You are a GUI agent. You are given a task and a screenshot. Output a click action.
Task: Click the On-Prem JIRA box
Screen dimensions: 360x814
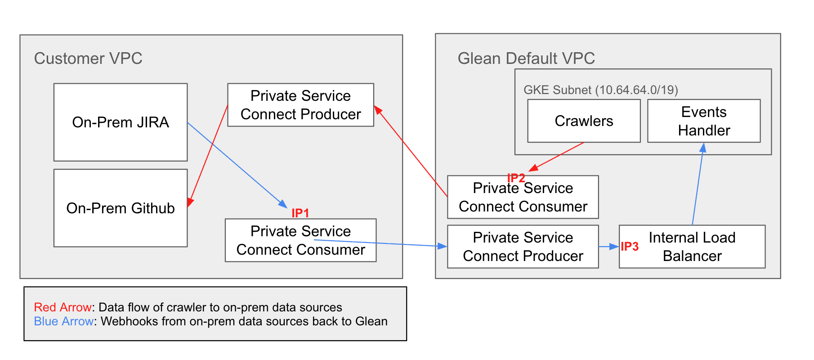click(x=121, y=122)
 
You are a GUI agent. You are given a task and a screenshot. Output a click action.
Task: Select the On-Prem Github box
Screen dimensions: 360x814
click(x=121, y=208)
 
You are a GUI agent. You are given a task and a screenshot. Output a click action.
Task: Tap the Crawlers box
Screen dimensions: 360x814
click(x=584, y=121)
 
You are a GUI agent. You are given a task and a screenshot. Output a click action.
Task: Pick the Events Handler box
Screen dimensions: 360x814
click(x=704, y=121)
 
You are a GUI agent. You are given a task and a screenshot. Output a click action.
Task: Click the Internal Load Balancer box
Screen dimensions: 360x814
click(x=692, y=247)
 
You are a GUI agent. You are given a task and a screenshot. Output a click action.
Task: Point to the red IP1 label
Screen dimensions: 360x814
click(x=300, y=213)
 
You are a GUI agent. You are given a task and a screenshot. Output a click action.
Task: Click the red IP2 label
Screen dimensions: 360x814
click(x=516, y=178)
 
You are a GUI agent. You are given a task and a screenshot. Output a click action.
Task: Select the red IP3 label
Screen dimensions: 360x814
click(x=630, y=247)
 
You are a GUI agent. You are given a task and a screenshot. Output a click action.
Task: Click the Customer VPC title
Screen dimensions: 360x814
click(x=88, y=58)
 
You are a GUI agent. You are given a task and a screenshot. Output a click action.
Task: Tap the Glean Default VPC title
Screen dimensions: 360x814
click(x=526, y=58)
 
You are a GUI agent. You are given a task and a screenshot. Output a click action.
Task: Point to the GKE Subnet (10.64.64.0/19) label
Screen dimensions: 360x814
click(x=600, y=90)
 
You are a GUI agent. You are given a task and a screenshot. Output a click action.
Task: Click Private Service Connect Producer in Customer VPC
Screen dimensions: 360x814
click(x=300, y=105)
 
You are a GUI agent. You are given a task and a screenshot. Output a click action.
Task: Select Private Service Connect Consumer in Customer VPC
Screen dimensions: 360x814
click(x=300, y=240)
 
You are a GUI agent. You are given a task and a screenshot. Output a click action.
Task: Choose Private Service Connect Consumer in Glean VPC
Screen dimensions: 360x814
click(x=523, y=197)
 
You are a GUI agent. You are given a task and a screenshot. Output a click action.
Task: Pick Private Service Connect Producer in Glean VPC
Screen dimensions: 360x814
click(x=523, y=247)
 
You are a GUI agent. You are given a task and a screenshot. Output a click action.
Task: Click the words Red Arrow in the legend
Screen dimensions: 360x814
click(x=63, y=307)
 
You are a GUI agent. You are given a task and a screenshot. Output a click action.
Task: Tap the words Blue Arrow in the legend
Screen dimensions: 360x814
click(x=64, y=321)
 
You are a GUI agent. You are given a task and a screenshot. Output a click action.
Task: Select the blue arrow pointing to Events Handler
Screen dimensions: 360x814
click(x=698, y=184)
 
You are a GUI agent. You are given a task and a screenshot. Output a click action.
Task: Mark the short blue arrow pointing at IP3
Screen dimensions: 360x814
click(x=608, y=247)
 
